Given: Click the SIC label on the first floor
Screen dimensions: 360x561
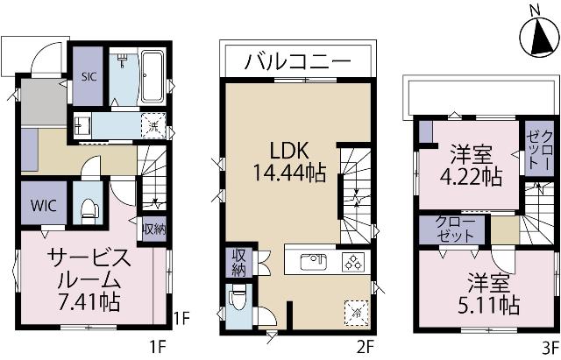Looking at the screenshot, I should coord(89,76).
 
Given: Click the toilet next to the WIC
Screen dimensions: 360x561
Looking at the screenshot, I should coord(88,208).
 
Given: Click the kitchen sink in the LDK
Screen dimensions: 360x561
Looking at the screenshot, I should coord(313,261).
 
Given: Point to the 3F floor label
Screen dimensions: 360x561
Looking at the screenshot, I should coord(550,345).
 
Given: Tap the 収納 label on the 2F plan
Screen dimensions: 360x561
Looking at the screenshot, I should coord(238,263).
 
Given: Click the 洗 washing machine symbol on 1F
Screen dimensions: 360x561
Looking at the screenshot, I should coord(153,127).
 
